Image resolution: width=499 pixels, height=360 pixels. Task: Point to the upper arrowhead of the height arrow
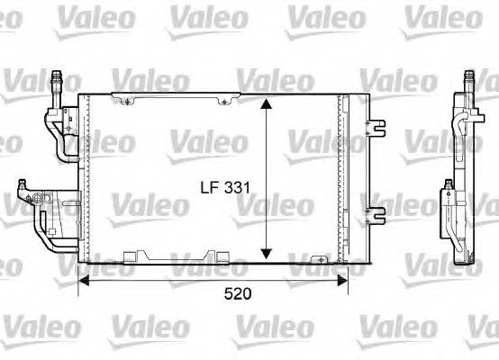[266, 104]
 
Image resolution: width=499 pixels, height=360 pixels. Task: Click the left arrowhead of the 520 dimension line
[85, 279]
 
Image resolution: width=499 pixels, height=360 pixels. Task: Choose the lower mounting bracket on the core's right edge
[374, 213]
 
